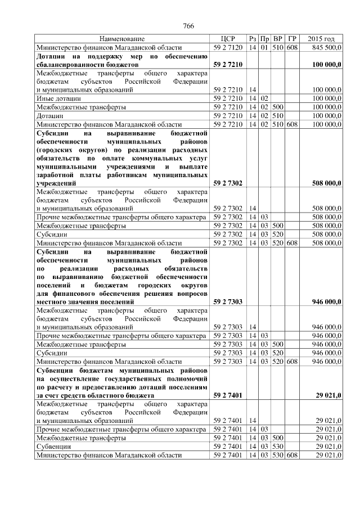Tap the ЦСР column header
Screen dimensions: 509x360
click(x=228, y=39)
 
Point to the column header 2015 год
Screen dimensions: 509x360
click(x=321, y=39)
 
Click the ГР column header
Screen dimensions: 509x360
click(x=291, y=39)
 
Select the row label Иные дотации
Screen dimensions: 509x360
click(x=53, y=98)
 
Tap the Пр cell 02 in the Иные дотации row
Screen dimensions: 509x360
click(x=264, y=98)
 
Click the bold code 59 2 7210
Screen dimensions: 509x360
click(x=228, y=65)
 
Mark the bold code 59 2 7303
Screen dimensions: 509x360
click(x=228, y=301)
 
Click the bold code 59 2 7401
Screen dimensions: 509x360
click(x=228, y=395)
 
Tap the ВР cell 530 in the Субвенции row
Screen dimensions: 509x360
click(x=277, y=446)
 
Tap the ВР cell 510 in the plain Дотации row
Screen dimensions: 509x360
click(x=277, y=115)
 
